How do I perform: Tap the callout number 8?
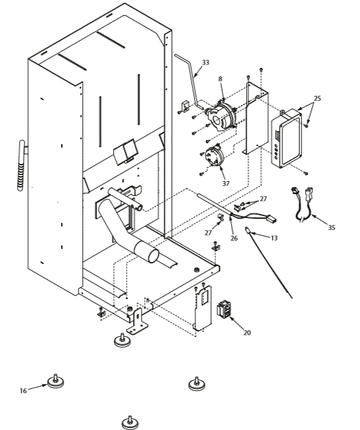pos(219,80)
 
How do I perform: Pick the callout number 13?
pos(274,237)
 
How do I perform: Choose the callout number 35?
pos(332,226)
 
